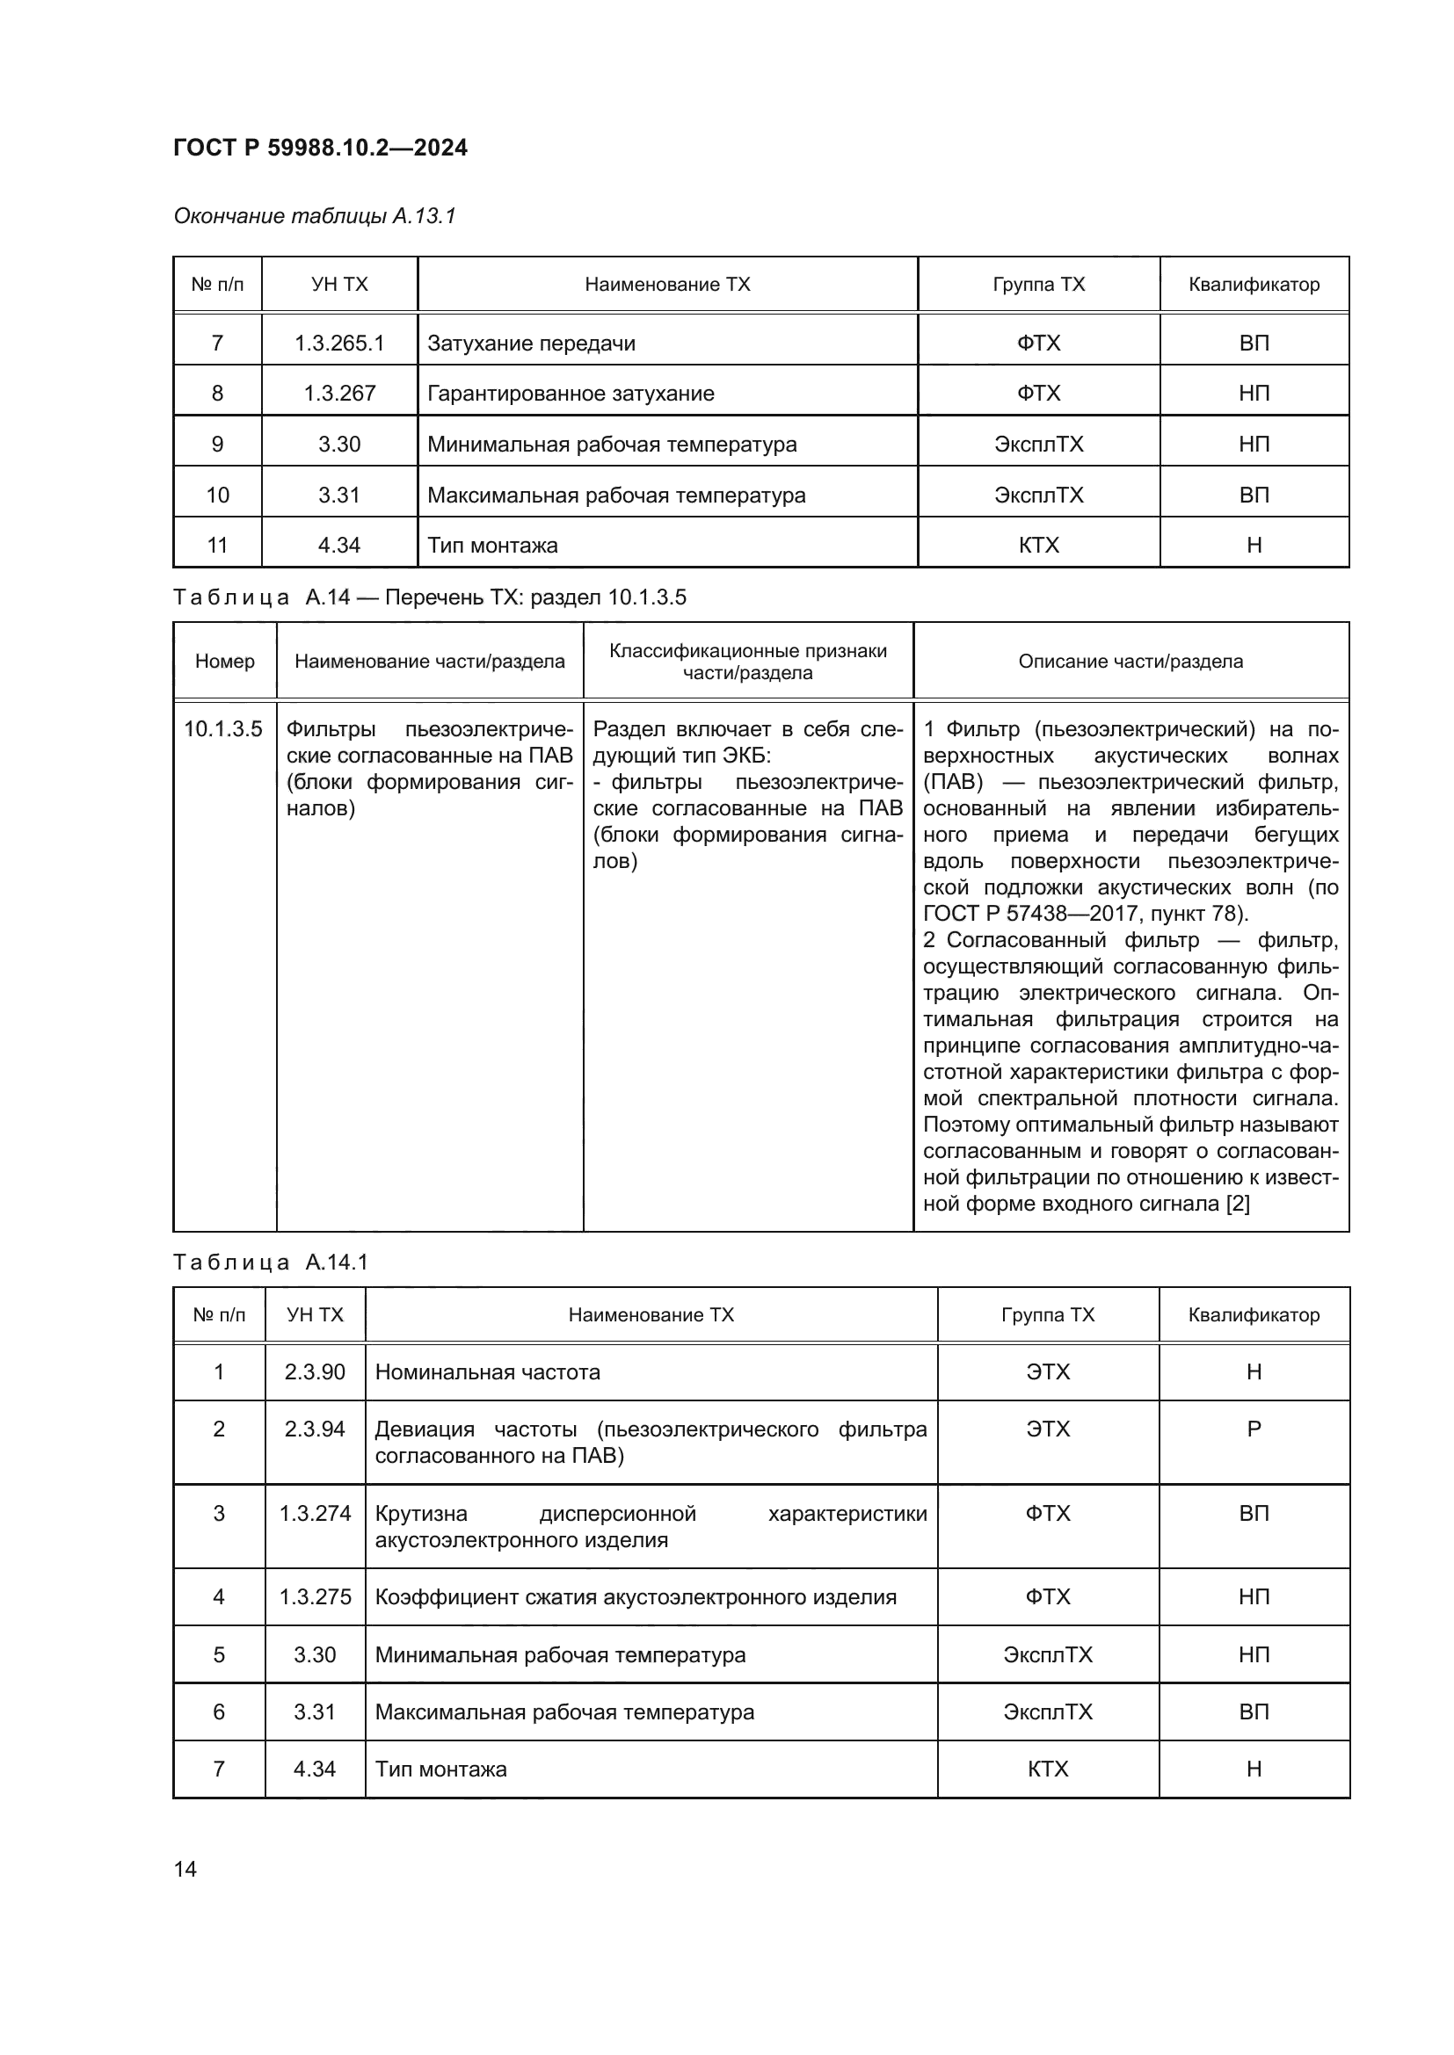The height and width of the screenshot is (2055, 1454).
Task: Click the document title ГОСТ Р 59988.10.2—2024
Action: [x=320, y=148]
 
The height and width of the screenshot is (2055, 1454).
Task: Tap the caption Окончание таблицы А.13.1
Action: [x=314, y=216]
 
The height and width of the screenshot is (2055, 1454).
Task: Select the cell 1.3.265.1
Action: [x=339, y=343]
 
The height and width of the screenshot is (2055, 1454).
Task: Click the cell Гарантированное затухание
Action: [x=571, y=394]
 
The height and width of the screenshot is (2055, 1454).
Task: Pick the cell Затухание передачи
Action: [x=531, y=343]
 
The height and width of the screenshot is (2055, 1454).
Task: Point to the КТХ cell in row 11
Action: [x=1038, y=545]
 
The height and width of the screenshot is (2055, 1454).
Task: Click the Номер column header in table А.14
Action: [x=225, y=662]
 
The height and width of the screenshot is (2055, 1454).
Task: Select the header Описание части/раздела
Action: [x=1130, y=662]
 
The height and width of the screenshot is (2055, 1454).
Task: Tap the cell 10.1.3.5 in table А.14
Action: [x=223, y=729]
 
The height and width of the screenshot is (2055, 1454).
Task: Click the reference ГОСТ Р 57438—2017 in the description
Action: [x=1017, y=914]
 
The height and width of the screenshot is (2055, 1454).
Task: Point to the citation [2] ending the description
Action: [x=1238, y=1204]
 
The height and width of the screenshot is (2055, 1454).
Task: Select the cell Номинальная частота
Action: [x=487, y=1372]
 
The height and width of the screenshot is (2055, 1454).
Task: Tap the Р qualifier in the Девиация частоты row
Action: [x=1254, y=1429]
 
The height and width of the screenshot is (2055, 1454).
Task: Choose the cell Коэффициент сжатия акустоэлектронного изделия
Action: [x=635, y=1597]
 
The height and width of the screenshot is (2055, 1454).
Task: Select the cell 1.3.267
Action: [x=339, y=394]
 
